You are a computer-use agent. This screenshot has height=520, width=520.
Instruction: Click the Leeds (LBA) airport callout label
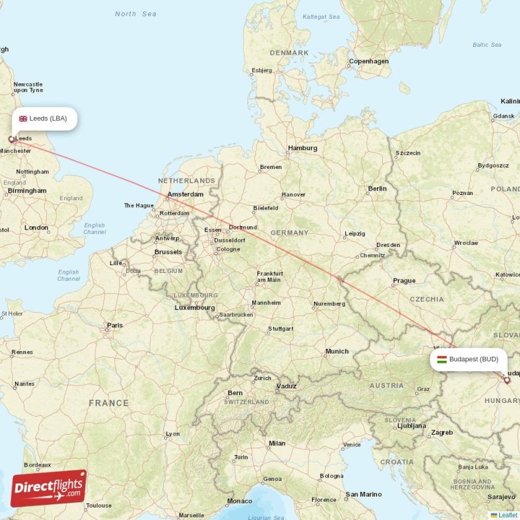tap(44, 118)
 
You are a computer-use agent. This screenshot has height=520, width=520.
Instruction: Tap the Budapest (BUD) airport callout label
tap(469, 359)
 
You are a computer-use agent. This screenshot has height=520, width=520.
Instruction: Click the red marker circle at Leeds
tap(11, 139)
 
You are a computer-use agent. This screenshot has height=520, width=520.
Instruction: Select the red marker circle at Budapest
tap(507, 380)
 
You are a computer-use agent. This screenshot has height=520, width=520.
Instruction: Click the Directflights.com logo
tap(49, 488)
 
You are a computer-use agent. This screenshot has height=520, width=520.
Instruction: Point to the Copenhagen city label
tap(369, 62)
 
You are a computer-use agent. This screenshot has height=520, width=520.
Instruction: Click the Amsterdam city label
tap(185, 194)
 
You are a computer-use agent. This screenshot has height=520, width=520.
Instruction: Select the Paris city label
tap(115, 325)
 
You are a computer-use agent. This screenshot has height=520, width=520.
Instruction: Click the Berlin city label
tap(377, 189)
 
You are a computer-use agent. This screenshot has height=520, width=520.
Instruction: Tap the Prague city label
tap(404, 281)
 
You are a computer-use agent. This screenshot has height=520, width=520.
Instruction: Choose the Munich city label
tap(337, 352)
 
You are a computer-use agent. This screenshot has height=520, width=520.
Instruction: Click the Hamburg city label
tap(302, 148)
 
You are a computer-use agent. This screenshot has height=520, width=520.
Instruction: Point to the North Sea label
tap(135, 14)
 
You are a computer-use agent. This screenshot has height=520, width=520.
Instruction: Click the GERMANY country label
tap(289, 233)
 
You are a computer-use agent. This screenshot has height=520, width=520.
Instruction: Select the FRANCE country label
tap(109, 404)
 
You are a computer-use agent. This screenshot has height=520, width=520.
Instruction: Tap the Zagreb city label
tap(441, 432)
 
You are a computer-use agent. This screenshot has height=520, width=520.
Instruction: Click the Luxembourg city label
tap(194, 307)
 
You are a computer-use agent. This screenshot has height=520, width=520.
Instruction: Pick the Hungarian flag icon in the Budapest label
tap(442, 359)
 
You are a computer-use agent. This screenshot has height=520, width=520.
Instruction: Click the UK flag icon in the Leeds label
tap(23, 118)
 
